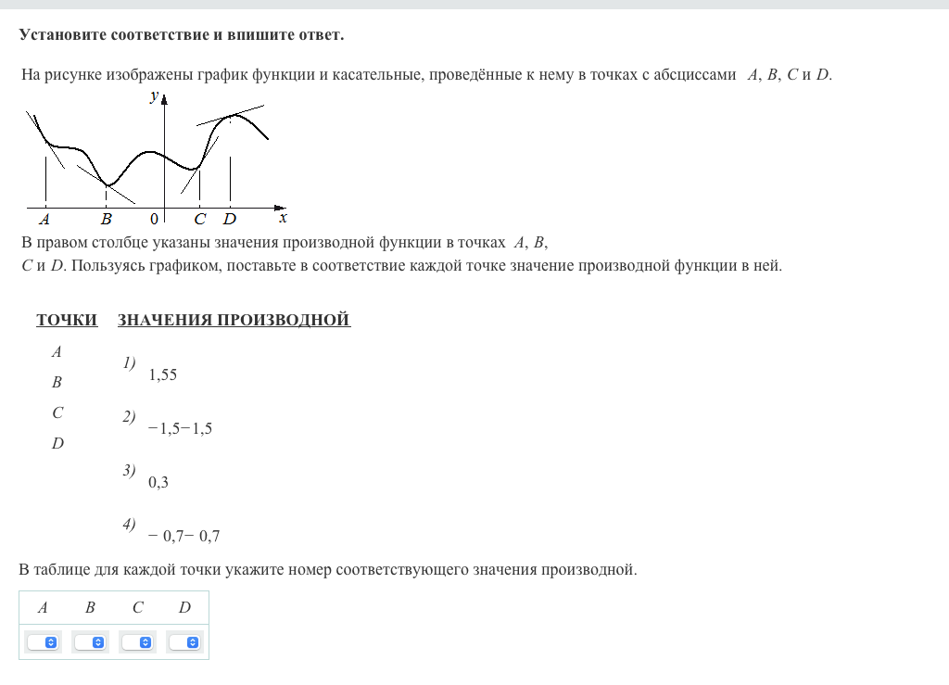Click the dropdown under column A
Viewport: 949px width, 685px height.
pyautogui.click(x=43, y=642)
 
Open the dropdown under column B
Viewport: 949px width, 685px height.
pyautogui.click(x=90, y=642)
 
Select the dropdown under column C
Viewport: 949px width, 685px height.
pyautogui.click(x=137, y=642)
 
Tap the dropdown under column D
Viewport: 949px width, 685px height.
pyautogui.click(x=184, y=642)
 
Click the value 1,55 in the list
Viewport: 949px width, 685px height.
pyautogui.click(x=162, y=375)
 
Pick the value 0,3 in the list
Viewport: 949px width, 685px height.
pyautogui.click(x=158, y=482)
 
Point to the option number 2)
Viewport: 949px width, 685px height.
pyautogui.click(x=129, y=417)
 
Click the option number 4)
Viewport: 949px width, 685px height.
pyautogui.click(x=129, y=525)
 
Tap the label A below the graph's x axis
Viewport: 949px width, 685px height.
pyautogui.click(x=44, y=220)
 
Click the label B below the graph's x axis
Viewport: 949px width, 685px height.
pyautogui.click(x=106, y=220)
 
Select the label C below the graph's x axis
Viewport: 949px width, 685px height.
pyautogui.click(x=199, y=220)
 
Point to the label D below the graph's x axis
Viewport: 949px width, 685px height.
pyautogui.click(x=229, y=220)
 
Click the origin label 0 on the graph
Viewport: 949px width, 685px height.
pyautogui.click(x=154, y=219)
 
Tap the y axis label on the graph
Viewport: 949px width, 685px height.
pyautogui.click(x=154, y=96)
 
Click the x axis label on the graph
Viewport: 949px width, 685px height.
pyautogui.click(x=283, y=218)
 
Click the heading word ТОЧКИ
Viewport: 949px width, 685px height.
pyautogui.click(x=67, y=321)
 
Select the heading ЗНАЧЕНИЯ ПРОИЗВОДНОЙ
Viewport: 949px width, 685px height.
pyautogui.click(x=234, y=321)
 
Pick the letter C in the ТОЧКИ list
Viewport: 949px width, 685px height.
pyautogui.click(x=57, y=413)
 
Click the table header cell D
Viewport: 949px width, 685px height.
pyautogui.click(x=184, y=608)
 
